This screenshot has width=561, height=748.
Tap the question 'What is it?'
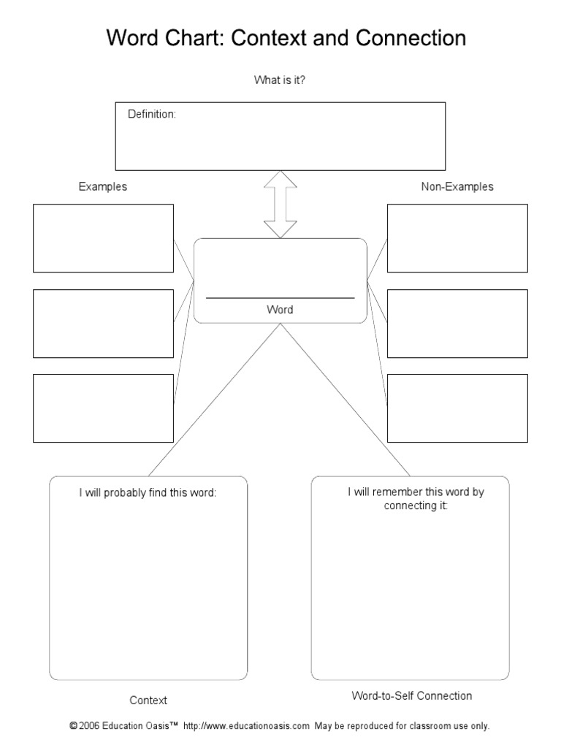(280, 80)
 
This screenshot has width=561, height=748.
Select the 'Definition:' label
(152, 114)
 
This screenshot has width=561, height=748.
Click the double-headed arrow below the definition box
(280, 205)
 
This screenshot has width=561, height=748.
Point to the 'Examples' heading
(103, 186)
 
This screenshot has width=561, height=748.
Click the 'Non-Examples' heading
(457, 186)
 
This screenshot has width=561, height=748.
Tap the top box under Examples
(103, 238)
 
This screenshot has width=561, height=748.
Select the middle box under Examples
(103, 324)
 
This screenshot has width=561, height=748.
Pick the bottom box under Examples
(103, 408)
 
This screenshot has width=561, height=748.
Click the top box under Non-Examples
(457, 238)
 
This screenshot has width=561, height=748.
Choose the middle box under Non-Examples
(457, 324)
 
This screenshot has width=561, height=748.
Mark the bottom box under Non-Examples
(457, 408)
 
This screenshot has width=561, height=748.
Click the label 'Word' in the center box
(280, 310)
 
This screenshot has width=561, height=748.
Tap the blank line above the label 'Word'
(280, 297)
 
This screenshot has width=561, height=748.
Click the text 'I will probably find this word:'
(148, 493)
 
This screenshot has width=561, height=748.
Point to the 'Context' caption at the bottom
(148, 700)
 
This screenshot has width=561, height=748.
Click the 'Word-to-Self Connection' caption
(412, 695)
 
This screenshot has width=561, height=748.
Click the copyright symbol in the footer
(73, 726)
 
